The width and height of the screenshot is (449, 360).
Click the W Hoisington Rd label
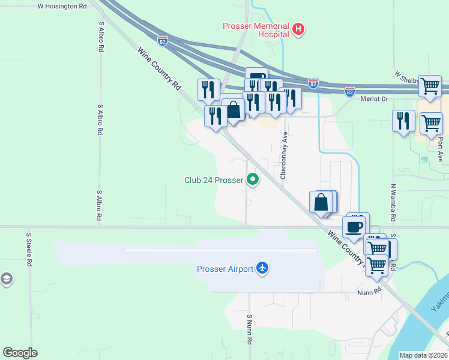pyautogui.click(x=62, y=6)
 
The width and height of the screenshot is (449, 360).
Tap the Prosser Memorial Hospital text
pyautogui.click(x=256, y=29)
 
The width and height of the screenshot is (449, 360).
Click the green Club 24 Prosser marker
pyautogui.click(x=253, y=179)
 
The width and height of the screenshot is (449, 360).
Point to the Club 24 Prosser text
pyautogui.click(x=213, y=179)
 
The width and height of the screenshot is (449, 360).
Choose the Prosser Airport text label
pyautogui.click(x=225, y=269)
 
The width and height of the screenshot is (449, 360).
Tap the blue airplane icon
pyautogui.click(x=262, y=268)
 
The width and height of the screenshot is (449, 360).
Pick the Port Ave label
pyautogui.click(x=440, y=148)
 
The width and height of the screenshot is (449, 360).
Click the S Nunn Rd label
pyautogui.click(x=249, y=329)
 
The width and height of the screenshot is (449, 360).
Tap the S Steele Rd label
pyautogui.click(x=28, y=250)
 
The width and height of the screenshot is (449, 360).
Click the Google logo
pyautogui.click(x=20, y=353)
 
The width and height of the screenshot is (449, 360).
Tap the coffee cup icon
pyautogui.click(x=354, y=227)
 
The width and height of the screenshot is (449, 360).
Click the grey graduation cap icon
pyautogui.click(x=6, y=279)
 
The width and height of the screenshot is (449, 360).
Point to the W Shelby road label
pyautogui.click(x=405, y=76)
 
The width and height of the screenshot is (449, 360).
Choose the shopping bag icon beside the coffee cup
pyautogui.click(x=322, y=202)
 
